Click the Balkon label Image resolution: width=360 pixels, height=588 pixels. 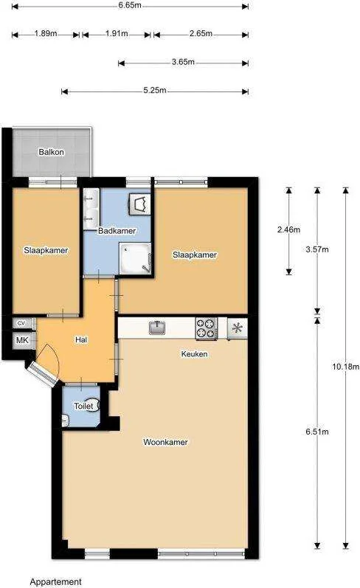click(52, 152)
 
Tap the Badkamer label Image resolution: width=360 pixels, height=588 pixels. click(117, 231)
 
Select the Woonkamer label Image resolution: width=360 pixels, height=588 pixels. click(165, 442)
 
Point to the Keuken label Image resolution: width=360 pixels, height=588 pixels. click(194, 353)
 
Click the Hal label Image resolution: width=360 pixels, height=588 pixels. click(81, 340)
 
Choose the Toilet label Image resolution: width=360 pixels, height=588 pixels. click(83, 406)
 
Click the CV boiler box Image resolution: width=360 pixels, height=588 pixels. click(22, 323)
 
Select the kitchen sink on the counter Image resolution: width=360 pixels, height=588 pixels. click(158, 328)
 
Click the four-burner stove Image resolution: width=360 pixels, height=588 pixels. click(207, 328)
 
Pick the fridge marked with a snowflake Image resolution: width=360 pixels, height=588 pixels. click(237, 328)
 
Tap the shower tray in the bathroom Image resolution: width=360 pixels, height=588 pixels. click(135, 258)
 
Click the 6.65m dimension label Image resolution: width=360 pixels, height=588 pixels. click(130, 6)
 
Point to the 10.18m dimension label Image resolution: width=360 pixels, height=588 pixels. click(345, 367)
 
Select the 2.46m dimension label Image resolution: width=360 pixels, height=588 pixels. click(288, 229)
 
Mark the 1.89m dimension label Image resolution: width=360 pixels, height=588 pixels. click(46, 33)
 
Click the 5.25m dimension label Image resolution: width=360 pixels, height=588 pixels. click(154, 90)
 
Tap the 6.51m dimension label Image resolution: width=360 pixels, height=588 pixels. click(317, 432)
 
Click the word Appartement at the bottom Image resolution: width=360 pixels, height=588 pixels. click(55, 582)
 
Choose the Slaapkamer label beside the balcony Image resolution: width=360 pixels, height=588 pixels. click(46, 250)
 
